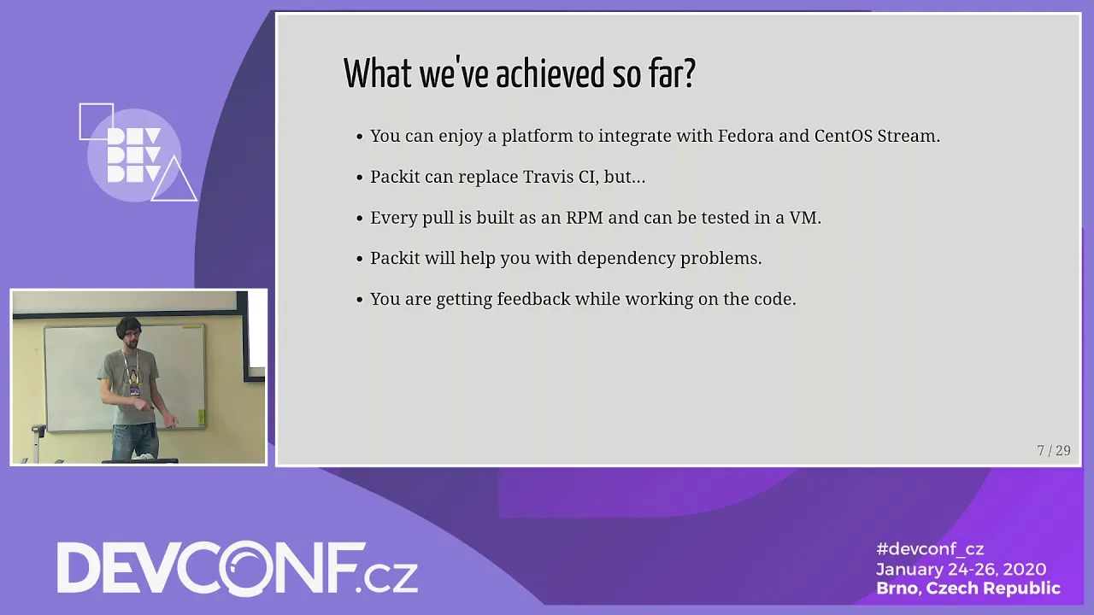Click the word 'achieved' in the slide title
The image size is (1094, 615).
[550, 73]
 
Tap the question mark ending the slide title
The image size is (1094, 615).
[689, 73]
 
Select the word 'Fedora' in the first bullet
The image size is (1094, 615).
[745, 135]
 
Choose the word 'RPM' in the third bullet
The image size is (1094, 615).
[585, 217]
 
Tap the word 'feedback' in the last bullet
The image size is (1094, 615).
[533, 299]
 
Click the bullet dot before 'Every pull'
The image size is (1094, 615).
[360, 218]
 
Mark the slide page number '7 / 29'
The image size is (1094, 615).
[1054, 450]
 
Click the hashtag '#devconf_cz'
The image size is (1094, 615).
[930, 549]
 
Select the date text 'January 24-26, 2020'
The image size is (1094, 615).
[962, 569]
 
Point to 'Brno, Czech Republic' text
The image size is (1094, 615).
[968, 589]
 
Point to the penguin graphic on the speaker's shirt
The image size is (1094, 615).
[132, 377]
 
